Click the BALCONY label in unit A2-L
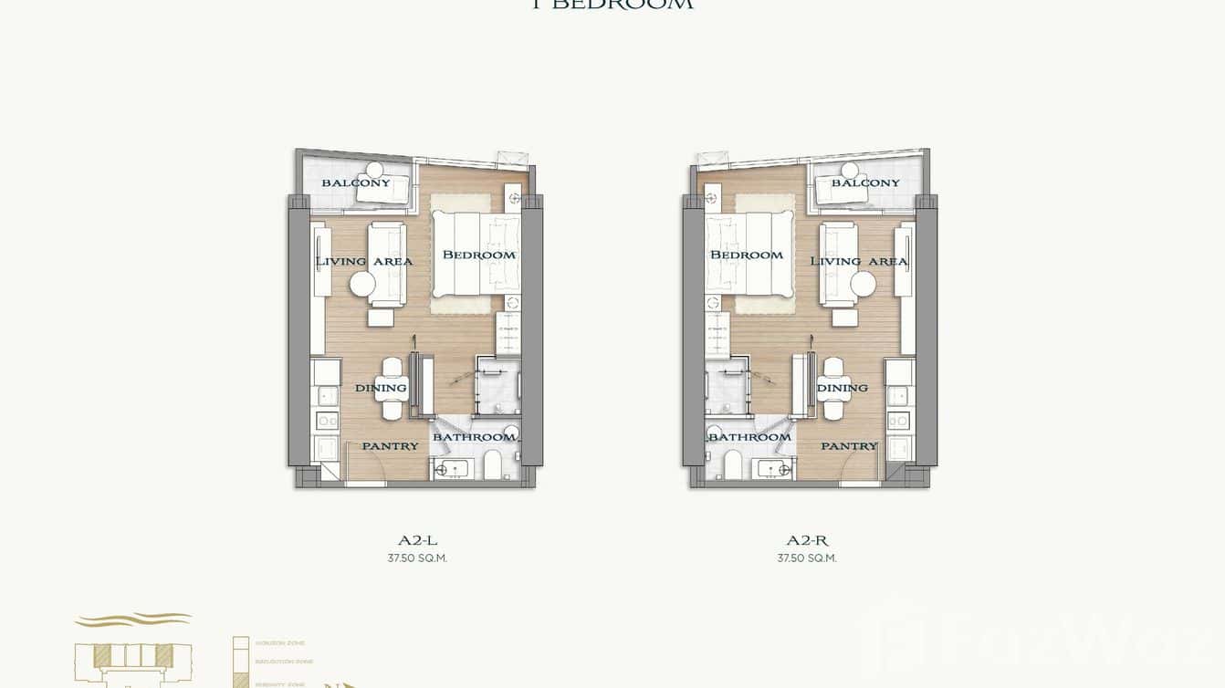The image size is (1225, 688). click(355, 182)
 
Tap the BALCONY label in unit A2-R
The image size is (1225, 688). click(865, 182)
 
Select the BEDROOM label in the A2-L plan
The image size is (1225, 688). click(478, 255)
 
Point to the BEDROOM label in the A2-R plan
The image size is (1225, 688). click(747, 255)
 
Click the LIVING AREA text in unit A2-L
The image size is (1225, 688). click(363, 261)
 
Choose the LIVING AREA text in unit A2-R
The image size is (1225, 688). click(859, 261)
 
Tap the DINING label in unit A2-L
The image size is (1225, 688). click(381, 388)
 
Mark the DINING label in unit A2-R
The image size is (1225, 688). click(842, 388)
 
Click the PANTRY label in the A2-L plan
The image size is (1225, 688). click(390, 446)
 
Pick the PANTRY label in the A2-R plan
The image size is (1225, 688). click(849, 446)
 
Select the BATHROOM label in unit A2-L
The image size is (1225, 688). click(474, 437)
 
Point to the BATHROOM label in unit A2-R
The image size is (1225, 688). click(749, 437)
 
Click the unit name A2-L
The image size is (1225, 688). click(417, 540)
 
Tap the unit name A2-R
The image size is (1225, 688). click(807, 540)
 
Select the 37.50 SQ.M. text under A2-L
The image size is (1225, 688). click(417, 558)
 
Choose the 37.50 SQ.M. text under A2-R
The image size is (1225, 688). click(807, 558)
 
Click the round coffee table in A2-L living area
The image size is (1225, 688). click(362, 285)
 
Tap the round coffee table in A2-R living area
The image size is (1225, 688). click(863, 285)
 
